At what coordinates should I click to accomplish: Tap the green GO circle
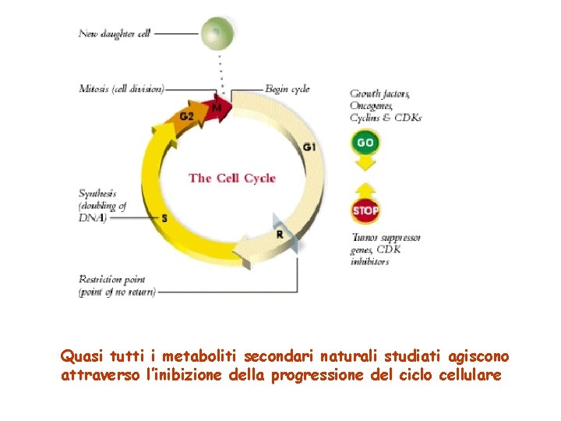pyautogui.click(x=365, y=143)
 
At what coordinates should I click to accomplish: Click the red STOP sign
pyautogui.click(x=365, y=210)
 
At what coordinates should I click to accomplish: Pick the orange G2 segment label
pyautogui.click(x=187, y=117)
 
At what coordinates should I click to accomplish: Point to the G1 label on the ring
pyautogui.click(x=309, y=147)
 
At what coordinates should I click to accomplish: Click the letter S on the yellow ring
pyautogui.click(x=164, y=218)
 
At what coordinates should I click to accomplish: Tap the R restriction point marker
pyautogui.click(x=280, y=234)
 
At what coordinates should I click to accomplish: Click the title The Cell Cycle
pyautogui.click(x=232, y=178)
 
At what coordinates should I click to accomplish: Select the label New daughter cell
pyautogui.click(x=114, y=34)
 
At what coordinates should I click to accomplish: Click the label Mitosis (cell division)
pyautogui.click(x=122, y=89)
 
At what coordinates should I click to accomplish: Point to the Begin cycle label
pyautogui.click(x=288, y=89)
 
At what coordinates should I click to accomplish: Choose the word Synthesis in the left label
pyautogui.click(x=97, y=193)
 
